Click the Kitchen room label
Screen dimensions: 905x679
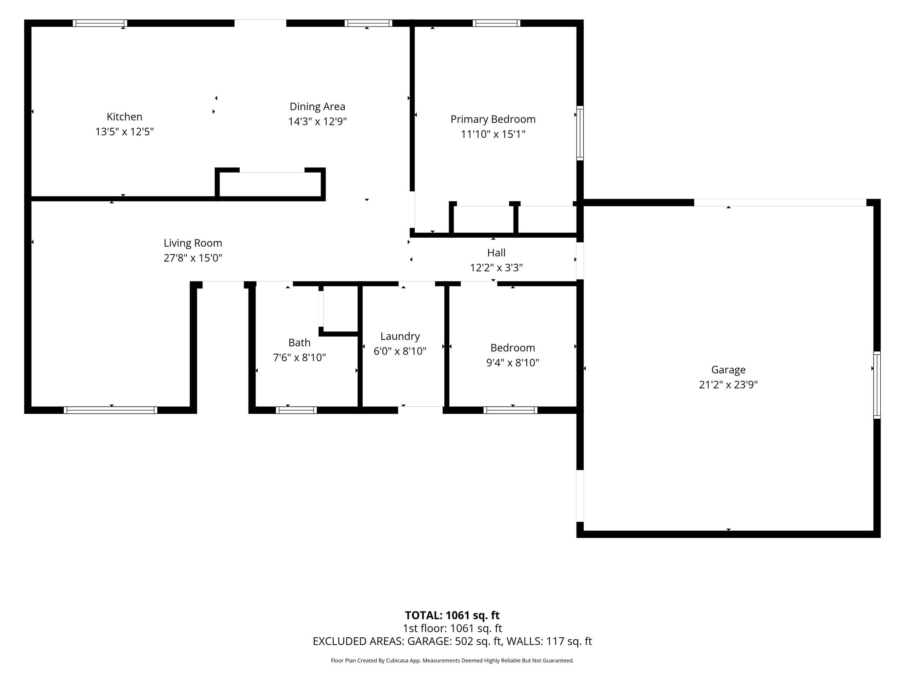click(x=124, y=117)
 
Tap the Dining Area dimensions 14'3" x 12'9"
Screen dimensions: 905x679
click(x=317, y=122)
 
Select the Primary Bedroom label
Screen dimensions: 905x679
click(x=493, y=119)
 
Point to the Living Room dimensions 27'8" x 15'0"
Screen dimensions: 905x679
click(x=193, y=258)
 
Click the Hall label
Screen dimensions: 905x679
click(x=496, y=253)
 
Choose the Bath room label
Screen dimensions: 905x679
click(x=299, y=343)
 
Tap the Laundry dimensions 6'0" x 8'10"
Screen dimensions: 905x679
click(x=400, y=351)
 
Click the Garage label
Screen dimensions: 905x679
click(x=728, y=370)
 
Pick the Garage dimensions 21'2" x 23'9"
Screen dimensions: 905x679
click(x=728, y=385)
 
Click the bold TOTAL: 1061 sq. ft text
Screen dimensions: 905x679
click(x=452, y=615)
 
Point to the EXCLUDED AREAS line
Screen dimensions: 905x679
click(x=452, y=642)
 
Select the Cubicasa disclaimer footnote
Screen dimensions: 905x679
click(x=452, y=661)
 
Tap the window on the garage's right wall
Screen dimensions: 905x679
click(x=877, y=385)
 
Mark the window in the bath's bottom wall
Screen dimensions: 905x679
click(x=296, y=410)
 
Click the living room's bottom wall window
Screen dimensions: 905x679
click(x=110, y=410)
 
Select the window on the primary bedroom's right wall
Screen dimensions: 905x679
click(x=580, y=133)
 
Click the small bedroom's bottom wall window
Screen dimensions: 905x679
click(x=510, y=410)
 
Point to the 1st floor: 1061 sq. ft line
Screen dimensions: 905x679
click(x=452, y=628)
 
